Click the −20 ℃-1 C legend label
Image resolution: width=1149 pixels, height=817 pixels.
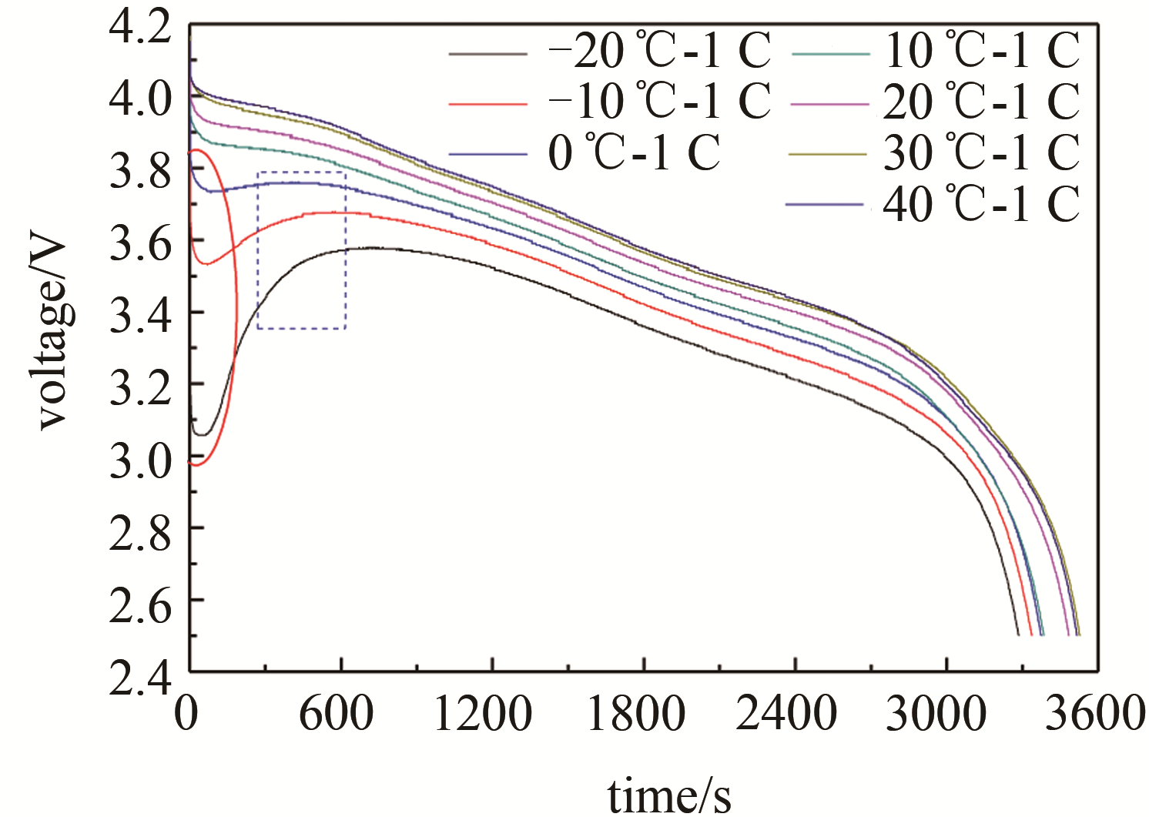click(x=659, y=52)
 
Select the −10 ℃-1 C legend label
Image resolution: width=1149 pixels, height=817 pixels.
click(x=659, y=102)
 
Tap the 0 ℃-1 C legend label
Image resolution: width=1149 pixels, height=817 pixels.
click(x=634, y=152)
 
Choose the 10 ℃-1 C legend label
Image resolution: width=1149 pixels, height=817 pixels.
click(x=981, y=52)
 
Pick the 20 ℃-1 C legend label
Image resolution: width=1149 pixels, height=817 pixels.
click(x=981, y=102)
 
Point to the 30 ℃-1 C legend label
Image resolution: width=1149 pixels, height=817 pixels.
click(x=981, y=152)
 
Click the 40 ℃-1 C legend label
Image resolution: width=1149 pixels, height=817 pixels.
click(x=981, y=203)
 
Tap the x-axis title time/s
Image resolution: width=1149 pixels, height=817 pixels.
click(x=669, y=793)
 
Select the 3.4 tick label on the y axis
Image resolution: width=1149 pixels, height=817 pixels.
click(x=139, y=314)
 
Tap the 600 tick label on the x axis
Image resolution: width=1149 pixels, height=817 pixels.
click(x=337, y=715)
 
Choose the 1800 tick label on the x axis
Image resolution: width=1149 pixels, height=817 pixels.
click(x=636, y=715)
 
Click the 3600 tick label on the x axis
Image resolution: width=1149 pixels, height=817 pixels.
click(x=1094, y=715)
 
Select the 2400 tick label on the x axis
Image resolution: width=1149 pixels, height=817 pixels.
click(x=786, y=715)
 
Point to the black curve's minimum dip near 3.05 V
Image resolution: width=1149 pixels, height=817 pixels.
click(x=202, y=435)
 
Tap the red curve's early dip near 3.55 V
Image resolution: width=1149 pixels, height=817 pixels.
click(x=206, y=264)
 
